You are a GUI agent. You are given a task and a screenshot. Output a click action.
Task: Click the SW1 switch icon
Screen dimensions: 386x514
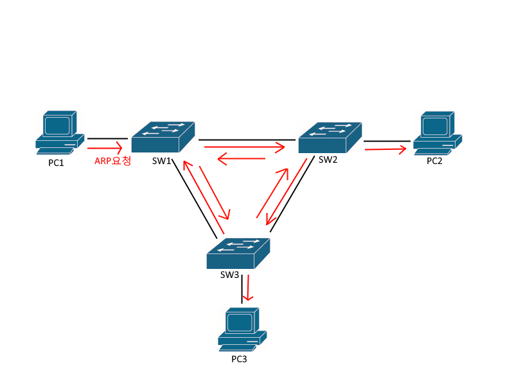(x=163, y=137)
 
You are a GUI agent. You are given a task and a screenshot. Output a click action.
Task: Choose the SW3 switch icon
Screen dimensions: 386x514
(x=238, y=253)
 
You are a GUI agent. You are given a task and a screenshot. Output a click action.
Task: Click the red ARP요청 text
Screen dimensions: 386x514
(x=113, y=161)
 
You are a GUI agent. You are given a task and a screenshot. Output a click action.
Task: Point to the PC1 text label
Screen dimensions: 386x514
(x=57, y=163)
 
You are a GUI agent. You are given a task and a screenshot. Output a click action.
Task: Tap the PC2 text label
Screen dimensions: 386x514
(x=435, y=161)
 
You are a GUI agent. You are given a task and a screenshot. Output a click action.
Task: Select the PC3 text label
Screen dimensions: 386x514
(x=239, y=359)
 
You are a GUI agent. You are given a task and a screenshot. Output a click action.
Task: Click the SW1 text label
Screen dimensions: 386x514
(x=161, y=161)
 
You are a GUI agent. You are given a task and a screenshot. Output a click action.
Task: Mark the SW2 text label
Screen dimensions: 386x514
(x=328, y=160)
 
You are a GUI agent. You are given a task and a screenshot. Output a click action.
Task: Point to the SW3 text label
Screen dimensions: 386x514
(x=229, y=275)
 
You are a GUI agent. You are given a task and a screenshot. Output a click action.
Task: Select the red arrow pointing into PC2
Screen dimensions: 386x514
(x=385, y=149)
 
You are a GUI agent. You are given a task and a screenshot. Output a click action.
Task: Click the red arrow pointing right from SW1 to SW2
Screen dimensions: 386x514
(x=244, y=147)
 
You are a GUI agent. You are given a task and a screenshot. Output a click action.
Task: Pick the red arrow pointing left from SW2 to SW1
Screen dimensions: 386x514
(x=242, y=159)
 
